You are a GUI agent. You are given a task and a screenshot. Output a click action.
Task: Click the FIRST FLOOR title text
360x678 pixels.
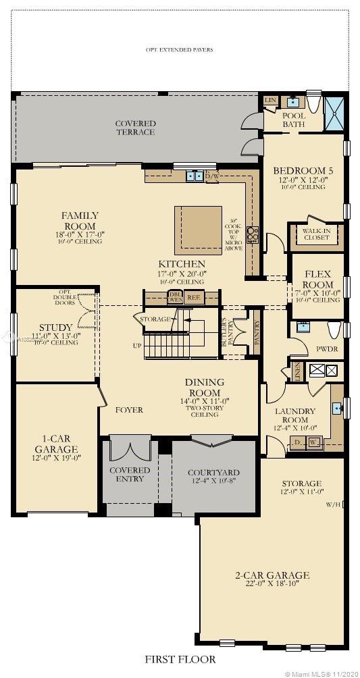tap(180, 658)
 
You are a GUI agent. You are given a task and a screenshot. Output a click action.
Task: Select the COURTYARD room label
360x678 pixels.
tap(213, 472)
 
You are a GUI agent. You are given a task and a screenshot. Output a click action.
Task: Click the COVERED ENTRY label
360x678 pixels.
tap(130, 474)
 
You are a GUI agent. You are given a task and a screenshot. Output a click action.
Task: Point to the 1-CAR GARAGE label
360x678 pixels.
tap(56, 444)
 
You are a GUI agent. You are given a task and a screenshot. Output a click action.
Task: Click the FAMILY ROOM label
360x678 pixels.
tap(80, 221)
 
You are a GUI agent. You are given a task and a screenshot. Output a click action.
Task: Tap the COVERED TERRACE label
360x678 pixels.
tap(135, 128)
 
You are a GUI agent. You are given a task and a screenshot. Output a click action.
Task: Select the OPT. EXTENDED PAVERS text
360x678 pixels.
tap(180, 49)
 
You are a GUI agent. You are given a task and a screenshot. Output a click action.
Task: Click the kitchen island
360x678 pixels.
tap(198, 230)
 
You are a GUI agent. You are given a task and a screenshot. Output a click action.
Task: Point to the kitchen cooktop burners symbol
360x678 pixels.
tap(253, 234)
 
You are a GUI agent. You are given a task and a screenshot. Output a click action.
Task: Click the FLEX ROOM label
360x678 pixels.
tap(317, 279)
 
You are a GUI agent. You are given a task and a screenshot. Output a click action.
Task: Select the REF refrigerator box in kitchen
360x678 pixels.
tap(194, 296)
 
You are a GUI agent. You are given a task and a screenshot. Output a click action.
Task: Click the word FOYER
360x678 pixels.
tap(128, 410)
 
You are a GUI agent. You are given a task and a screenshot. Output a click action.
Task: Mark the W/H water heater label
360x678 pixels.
tap(332, 504)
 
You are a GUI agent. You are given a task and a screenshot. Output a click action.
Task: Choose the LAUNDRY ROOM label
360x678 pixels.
tap(294, 415)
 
